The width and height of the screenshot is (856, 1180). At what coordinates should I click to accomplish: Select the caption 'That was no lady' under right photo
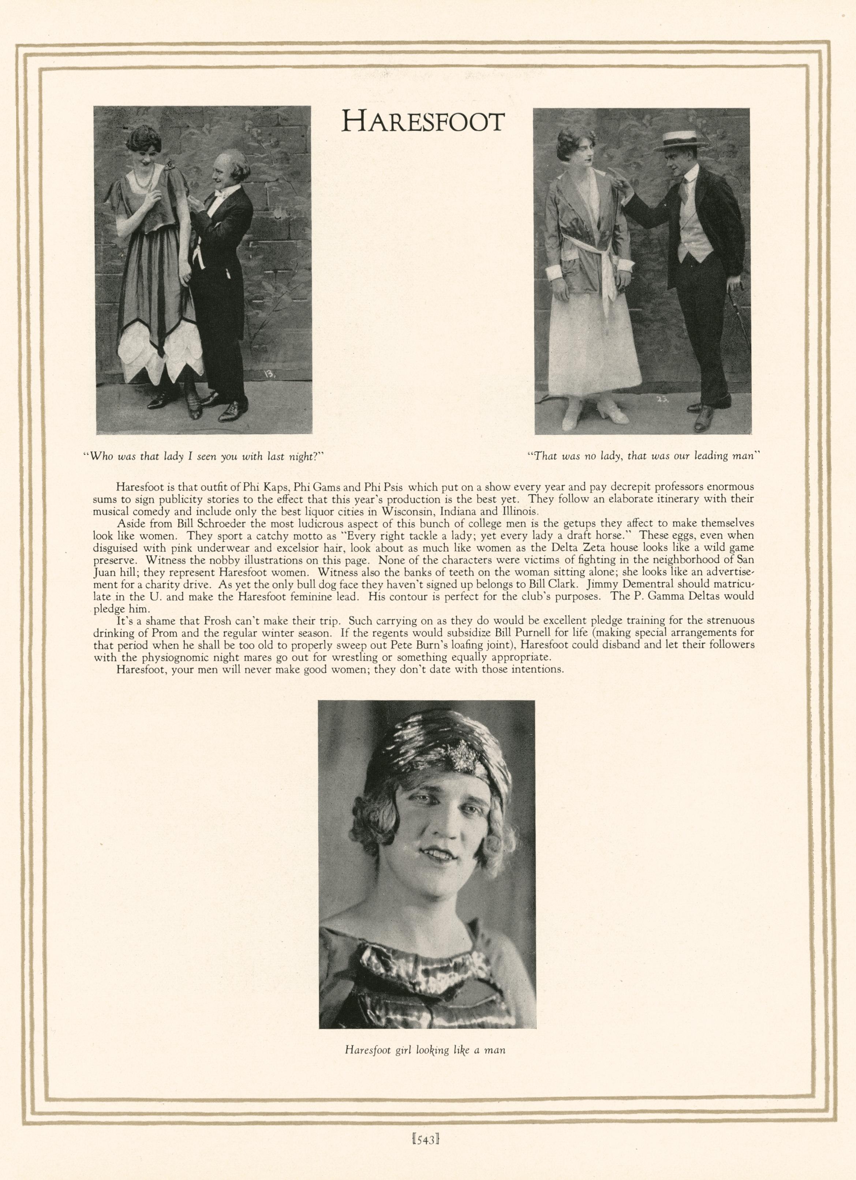[644, 456]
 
